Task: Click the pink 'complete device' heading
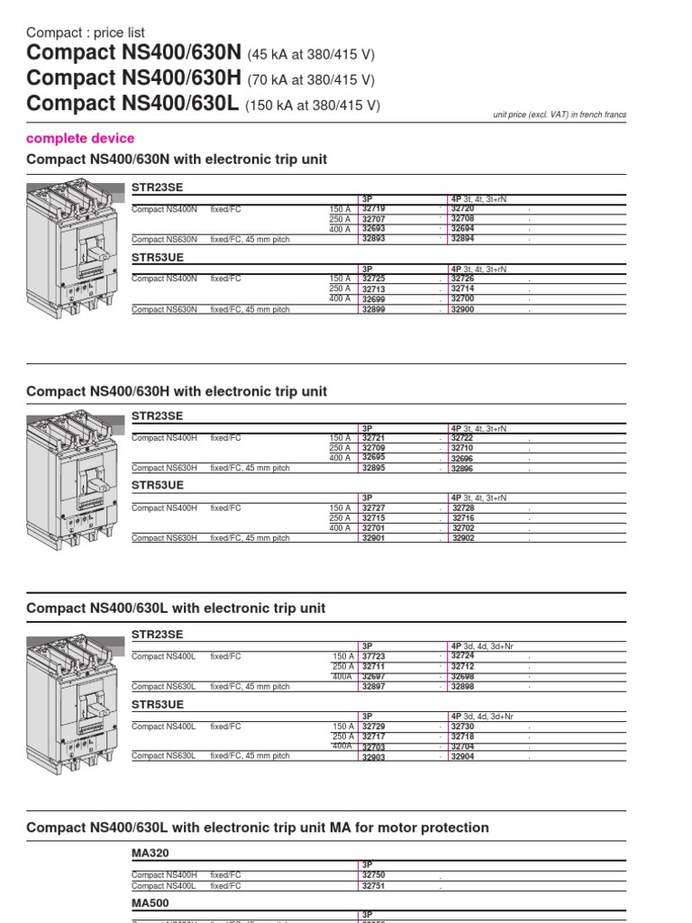80,138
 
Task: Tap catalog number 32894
461,239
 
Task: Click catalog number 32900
461,309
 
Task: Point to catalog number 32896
461,469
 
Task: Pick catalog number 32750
373,875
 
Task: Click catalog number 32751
373,886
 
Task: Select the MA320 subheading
150,852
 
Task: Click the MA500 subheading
150,901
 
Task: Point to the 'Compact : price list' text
86,32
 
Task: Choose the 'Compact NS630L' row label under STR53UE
163,755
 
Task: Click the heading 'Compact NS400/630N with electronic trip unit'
177,160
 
